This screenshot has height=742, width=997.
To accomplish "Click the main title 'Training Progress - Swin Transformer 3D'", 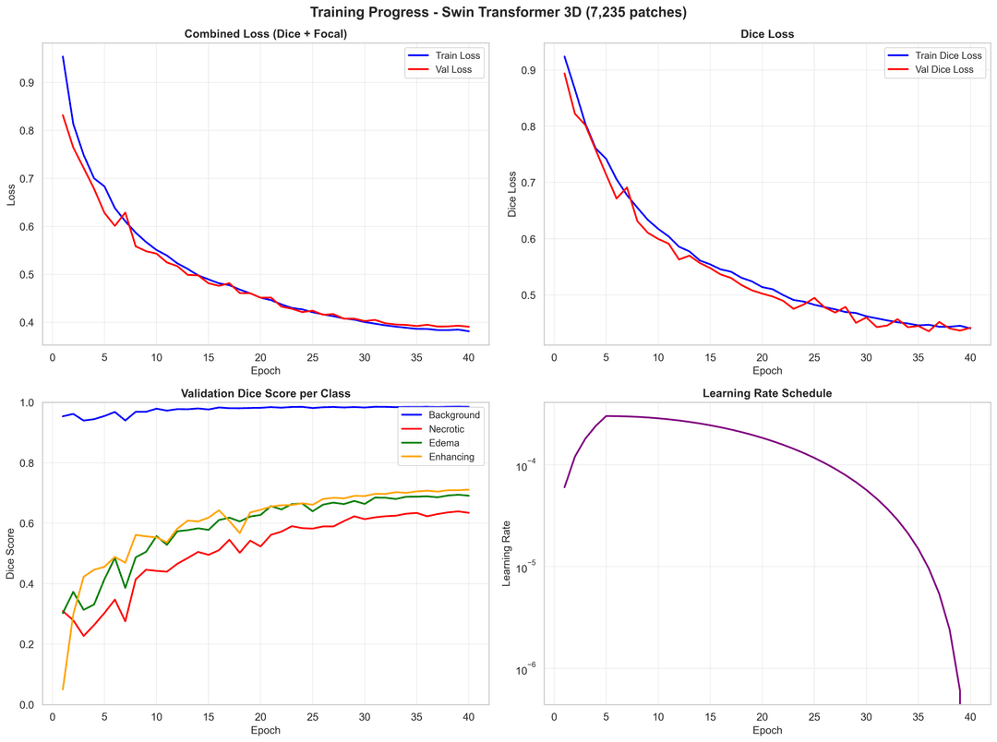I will coord(498,12).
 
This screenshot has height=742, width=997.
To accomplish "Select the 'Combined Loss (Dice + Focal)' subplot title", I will coord(265,34).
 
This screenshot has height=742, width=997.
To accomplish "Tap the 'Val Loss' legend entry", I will coord(459,70).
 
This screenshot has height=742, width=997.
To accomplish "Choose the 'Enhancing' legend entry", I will coord(451,457).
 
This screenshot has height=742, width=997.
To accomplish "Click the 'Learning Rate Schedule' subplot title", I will coord(767,393).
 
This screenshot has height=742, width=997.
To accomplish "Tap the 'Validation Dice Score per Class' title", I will coord(265,393).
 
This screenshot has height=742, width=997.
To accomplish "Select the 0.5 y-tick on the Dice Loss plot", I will coord(526,295).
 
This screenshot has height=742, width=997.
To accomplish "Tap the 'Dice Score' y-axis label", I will coord(10,554).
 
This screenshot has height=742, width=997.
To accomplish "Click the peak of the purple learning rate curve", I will coord(607,416).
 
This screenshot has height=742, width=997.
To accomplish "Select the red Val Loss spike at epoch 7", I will coord(125,212).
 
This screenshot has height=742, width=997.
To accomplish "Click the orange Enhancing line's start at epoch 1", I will coord(63,688).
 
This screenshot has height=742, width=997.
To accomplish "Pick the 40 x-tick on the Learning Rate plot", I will coord(970,716).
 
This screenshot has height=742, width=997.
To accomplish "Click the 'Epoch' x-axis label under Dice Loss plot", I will coord(767,370).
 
